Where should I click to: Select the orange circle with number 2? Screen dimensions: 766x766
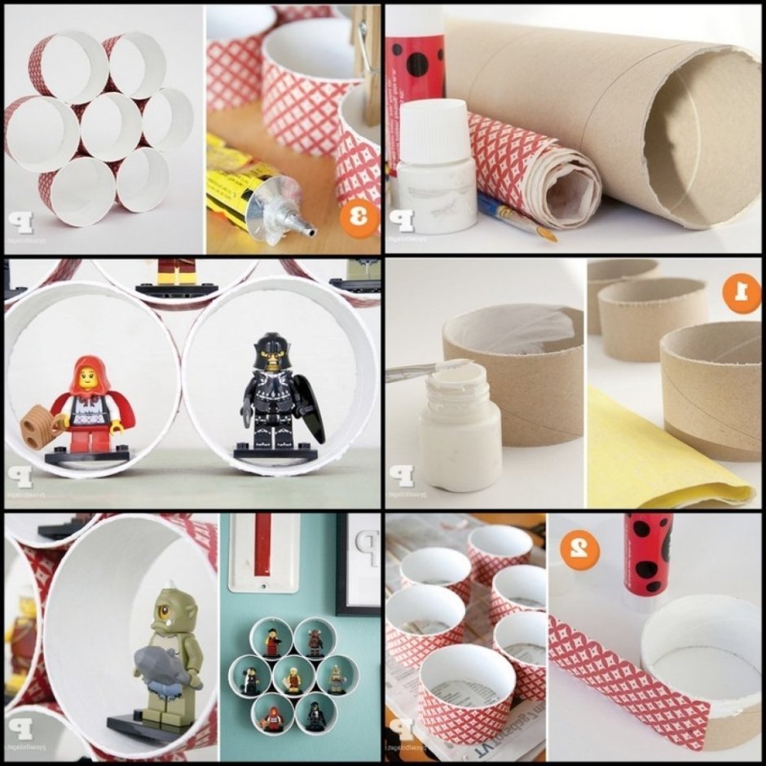click(x=579, y=552)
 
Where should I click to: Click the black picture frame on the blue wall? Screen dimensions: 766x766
click(x=359, y=562)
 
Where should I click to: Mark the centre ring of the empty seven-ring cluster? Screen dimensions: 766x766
click(x=110, y=126)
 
